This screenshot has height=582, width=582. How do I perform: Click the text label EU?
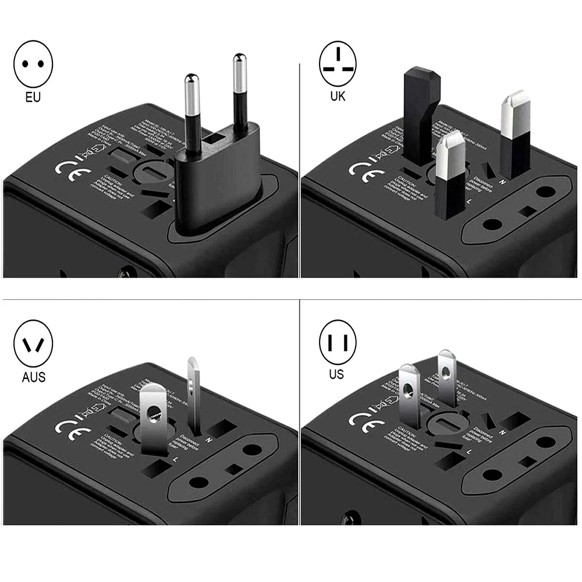click(33, 97)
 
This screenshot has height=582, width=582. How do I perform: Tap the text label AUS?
click(33, 377)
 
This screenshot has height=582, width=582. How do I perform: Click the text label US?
click(336, 374)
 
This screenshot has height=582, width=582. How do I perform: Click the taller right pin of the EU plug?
click(239, 93)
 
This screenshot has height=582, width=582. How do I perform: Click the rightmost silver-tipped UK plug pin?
click(515, 134)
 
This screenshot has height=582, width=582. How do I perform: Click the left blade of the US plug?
click(410, 402)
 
